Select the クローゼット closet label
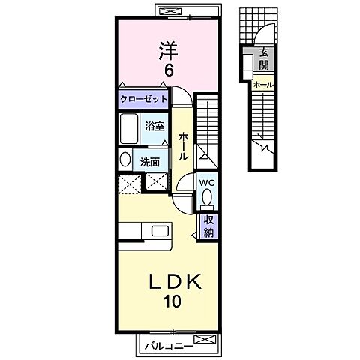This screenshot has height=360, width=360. [x=143, y=99]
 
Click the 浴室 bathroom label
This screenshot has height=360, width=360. [x=154, y=127]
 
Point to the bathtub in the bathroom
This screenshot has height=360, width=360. [x=128, y=130]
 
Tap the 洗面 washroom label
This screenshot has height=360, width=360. [x=148, y=160]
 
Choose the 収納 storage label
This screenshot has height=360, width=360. [x=209, y=225]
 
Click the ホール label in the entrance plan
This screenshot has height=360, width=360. [x=264, y=85]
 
